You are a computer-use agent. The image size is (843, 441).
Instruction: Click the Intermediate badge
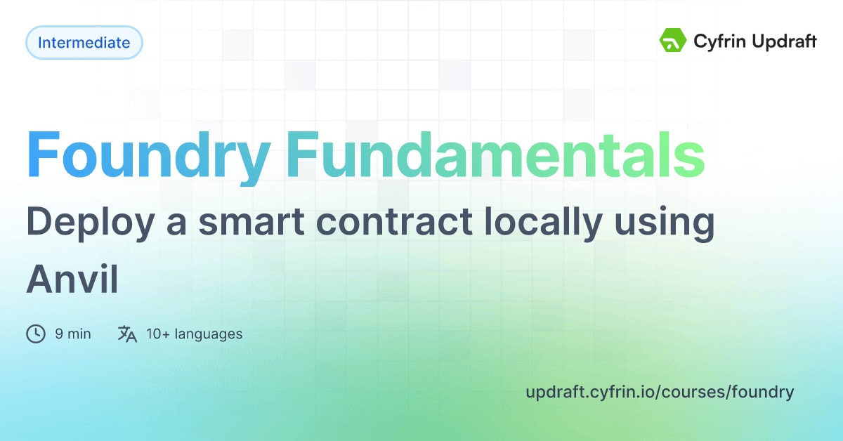tap(84, 43)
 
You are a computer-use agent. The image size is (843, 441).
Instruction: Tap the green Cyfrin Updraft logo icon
tap(672, 41)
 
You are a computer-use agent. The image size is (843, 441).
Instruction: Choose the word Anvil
tap(72, 280)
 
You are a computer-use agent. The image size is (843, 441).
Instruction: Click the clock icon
tap(35, 334)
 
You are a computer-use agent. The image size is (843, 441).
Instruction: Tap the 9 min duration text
tap(73, 334)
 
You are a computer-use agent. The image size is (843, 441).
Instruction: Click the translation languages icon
tap(127, 334)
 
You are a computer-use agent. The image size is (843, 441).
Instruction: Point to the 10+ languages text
tap(194, 334)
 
